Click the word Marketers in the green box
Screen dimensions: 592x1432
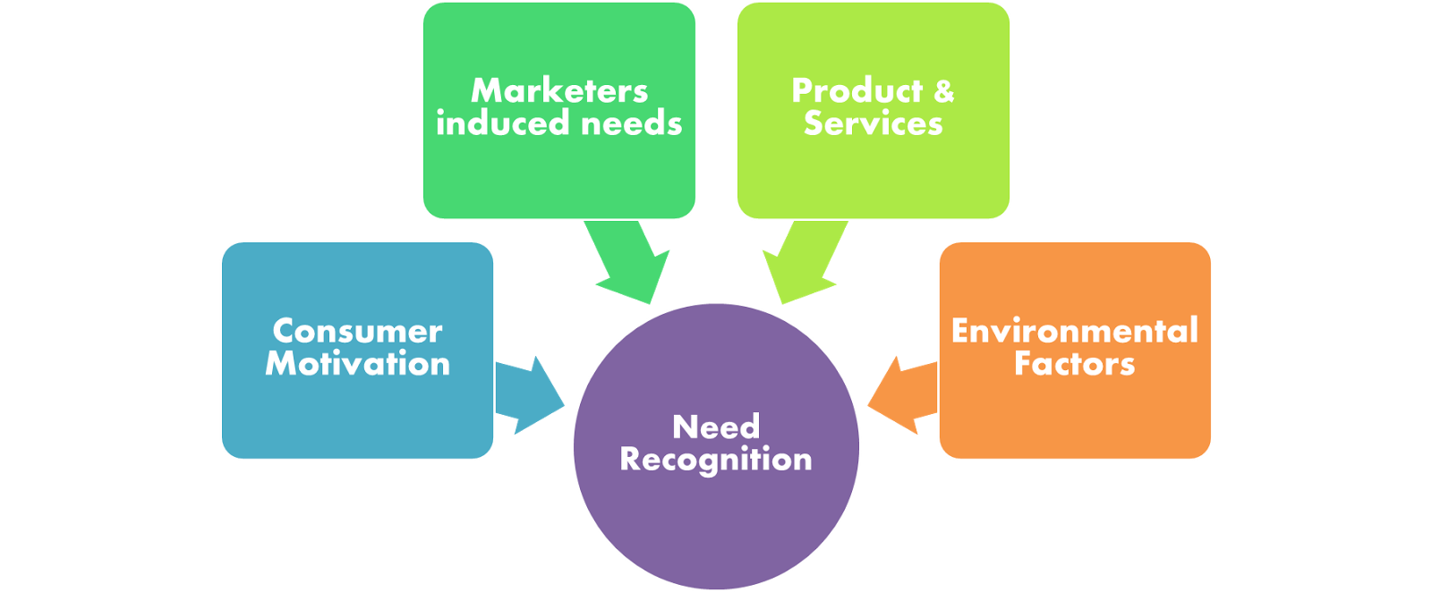(x=559, y=91)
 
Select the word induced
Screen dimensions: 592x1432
(x=490, y=123)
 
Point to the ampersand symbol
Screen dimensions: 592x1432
(x=944, y=91)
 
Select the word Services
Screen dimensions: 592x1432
(x=873, y=123)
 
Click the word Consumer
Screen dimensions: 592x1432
(x=357, y=332)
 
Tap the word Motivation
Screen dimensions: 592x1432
(x=357, y=364)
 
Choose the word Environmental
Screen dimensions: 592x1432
(x=1074, y=332)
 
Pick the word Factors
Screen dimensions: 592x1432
(x=1074, y=364)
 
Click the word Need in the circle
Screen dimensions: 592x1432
(x=716, y=427)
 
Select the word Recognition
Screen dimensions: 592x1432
(x=716, y=460)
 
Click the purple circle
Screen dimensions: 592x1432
(x=716, y=519)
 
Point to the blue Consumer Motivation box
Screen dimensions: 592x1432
(x=357, y=411)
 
